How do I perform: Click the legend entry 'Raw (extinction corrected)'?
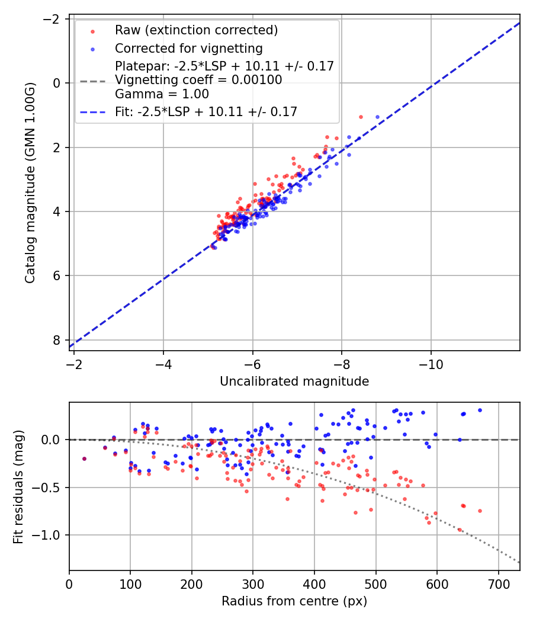[x=196, y=30]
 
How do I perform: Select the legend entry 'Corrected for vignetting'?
[x=188, y=48]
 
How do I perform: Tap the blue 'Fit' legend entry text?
[x=206, y=111]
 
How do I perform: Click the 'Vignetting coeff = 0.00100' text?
[x=198, y=80]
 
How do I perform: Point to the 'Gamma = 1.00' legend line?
[x=162, y=94]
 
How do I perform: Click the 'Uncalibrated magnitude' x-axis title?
[x=294, y=381]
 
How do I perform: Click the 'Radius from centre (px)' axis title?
[x=294, y=601]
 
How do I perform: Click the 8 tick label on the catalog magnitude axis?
[x=57, y=340]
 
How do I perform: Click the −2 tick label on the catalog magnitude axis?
[x=53, y=19]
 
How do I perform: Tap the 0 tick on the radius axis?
[x=69, y=583]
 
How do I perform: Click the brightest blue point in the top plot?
[x=377, y=117]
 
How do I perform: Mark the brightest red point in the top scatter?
[x=361, y=117]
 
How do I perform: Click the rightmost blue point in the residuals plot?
[x=480, y=410]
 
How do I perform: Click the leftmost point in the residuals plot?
[x=84, y=459]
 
